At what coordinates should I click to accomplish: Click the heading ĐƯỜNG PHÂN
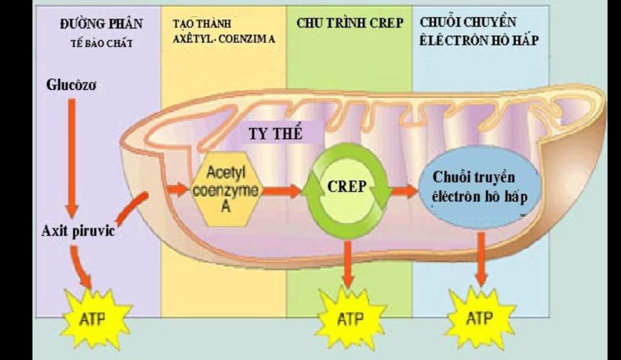[102, 24]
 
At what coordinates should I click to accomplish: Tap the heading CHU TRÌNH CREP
[349, 23]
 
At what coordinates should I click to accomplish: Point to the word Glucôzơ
[71, 84]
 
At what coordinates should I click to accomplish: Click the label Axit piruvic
[78, 231]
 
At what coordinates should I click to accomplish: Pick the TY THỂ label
[275, 133]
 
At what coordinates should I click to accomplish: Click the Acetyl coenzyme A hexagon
[225, 190]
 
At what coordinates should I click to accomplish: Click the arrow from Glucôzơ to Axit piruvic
[72, 158]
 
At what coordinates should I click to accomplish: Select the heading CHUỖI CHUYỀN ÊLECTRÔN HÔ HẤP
[479, 32]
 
